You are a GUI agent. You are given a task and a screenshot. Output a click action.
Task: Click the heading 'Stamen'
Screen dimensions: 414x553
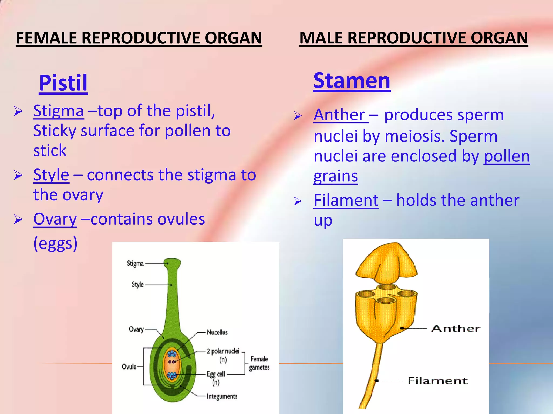click(352, 81)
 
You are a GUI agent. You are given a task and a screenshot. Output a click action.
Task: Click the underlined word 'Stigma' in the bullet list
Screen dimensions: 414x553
click(58, 111)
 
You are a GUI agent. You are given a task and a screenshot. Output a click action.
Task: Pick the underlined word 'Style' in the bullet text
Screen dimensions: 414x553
click(51, 175)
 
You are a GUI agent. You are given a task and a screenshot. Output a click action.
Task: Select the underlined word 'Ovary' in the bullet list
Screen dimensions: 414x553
click(55, 219)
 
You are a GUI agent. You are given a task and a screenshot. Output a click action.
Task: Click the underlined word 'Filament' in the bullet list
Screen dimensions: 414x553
click(346, 200)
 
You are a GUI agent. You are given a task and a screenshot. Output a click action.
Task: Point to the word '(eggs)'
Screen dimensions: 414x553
click(55, 243)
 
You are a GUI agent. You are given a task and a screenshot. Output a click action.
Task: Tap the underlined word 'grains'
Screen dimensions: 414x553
click(336, 176)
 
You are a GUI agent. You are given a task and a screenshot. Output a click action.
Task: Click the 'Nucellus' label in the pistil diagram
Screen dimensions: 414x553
click(217, 332)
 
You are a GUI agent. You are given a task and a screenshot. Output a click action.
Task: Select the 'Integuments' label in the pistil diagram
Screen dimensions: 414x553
click(222, 396)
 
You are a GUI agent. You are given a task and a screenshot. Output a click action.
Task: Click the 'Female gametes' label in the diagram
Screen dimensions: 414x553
click(259, 363)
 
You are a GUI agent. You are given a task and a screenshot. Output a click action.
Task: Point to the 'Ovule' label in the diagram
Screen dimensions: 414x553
click(129, 367)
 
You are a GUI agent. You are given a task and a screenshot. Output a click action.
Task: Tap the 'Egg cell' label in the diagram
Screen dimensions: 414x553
click(216, 374)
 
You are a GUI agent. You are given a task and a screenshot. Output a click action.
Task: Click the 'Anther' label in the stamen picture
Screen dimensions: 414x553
click(456, 329)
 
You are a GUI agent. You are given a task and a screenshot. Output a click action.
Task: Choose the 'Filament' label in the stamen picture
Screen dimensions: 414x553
click(437, 381)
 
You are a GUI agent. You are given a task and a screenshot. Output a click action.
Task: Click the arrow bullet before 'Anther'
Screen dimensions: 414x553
click(297, 116)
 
